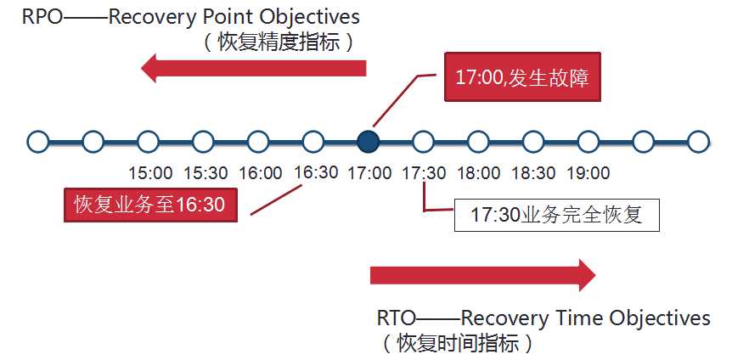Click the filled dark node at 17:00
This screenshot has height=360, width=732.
pyautogui.click(x=368, y=142)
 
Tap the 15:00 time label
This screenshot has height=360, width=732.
pyautogui.click(x=150, y=173)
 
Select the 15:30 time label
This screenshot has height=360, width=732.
pyautogui.click(x=206, y=173)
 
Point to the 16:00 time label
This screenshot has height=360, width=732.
pyautogui.click(x=261, y=173)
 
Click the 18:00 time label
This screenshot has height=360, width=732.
pyautogui.click(x=478, y=173)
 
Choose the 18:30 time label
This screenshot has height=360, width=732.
pyautogui.click(x=533, y=173)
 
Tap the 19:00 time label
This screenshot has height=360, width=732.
pyautogui.click(x=588, y=173)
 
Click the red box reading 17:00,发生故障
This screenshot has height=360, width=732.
pyautogui.click(x=522, y=76)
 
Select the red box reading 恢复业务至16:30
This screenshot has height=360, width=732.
pyautogui.click(x=150, y=205)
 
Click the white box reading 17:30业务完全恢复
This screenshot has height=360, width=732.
pyautogui.click(x=556, y=216)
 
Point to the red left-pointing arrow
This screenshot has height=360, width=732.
pyautogui.click(x=254, y=68)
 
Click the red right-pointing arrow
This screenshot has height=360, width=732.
pyautogui.click(x=482, y=275)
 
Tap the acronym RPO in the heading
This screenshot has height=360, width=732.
pyautogui.click(x=42, y=17)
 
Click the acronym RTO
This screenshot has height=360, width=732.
pyautogui.click(x=397, y=318)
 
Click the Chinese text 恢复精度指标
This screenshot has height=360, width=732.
pyautogui.click(x=279, y=43)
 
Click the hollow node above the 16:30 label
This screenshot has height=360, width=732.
pyautogui.click(x=313, y=142)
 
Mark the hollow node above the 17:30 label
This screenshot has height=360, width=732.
pyautogui.click(x=423, y=142)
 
